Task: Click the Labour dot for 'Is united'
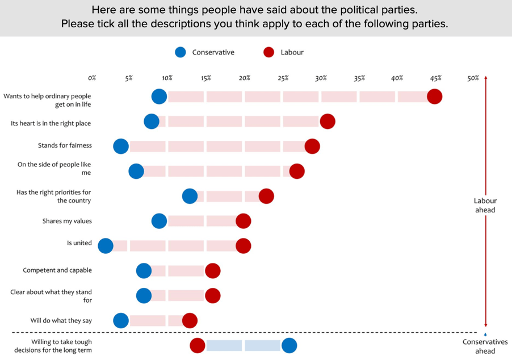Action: pyautogui.click(x=243, y=245)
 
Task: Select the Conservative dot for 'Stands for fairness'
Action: pyautogui.click(x=121, y=146)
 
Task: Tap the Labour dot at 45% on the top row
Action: pyautogui.click(x=434, y=97)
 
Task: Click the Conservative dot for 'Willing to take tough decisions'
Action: pyautogui.click(x=289, y=345)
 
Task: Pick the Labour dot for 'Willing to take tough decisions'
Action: pyautogui.click(x=197, y=345)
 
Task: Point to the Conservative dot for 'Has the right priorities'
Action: pyautogui.click(x=190, y=196)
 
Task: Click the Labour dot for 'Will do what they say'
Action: pyautogui.click(x=190, y=320)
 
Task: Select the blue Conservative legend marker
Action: pyautogui.click(x=181, y=52)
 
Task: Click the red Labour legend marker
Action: pyautogui.click(x=269, y=52)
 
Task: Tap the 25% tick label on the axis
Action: pyautogui.click(x=283, y=78)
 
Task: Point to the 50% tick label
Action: pyautogui.click(x=473, y=78)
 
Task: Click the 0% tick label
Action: pyautogui.click(x=92, y=78)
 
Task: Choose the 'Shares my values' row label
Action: pyautogui.click(x=66, y=221)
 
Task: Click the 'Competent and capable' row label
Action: pyautogui.click(x=57, y=270)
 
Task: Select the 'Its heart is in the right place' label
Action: pyautogui.click(x=51, y=123)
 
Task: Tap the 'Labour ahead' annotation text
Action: pyautogui.click(x=485, y=205)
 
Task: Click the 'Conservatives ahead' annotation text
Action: pyautogui.click(x=485, y=346)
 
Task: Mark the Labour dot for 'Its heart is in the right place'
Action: pyautogui.click(x=328, y=121)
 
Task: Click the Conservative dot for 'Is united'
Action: pyautogui.click(x=106, y=245)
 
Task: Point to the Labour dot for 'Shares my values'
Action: pyautogui.click(x=243, y=221)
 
